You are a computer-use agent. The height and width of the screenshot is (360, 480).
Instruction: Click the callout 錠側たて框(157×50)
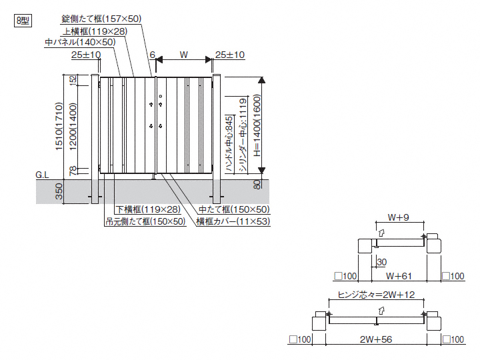101,19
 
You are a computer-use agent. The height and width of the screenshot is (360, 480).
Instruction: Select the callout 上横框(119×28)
95,31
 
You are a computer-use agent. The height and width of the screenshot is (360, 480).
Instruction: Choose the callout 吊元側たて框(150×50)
145,221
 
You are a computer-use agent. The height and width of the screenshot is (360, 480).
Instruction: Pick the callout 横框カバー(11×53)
233,221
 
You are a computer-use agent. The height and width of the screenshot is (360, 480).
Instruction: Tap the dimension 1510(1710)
59,127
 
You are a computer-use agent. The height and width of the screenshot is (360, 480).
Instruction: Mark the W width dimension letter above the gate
184,55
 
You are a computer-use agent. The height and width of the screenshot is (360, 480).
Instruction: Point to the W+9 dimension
399,217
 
